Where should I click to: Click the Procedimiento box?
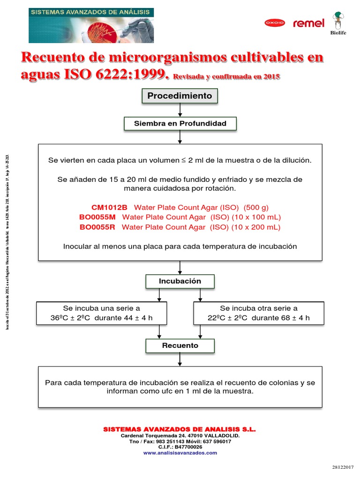click(180, 96)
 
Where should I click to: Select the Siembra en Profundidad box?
click(180, 124)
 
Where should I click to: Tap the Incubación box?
click(180, 281)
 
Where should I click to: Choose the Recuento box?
click(180, 345)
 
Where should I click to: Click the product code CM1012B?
click(109, 207)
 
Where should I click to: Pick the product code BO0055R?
click(98, 227)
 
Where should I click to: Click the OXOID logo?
click(275, 22)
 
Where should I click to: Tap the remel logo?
click(308, 23)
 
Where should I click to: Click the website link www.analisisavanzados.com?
click(180, 453)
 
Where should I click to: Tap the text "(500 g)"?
click(256, 207)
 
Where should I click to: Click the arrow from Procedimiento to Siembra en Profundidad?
click(180, 110)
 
